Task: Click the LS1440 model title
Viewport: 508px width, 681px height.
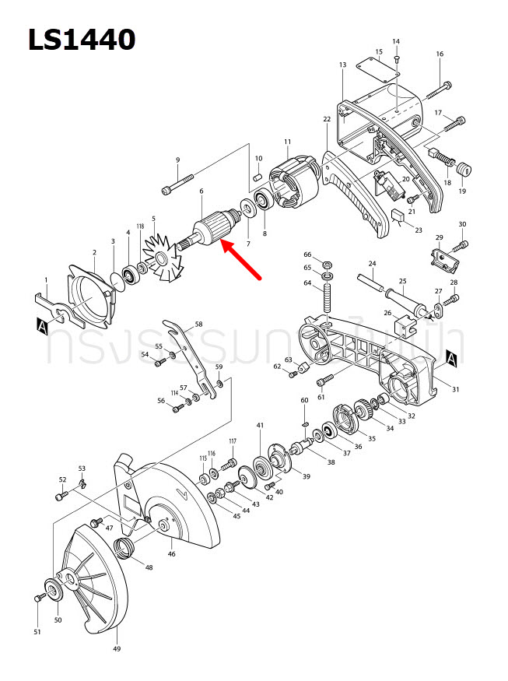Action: pyautogui.click(x=82, y=39)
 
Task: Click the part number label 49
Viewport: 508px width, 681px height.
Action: pyautogui.click(x=117, y=648)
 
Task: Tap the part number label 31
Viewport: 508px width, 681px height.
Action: pyautogui.click(x=456, y=389)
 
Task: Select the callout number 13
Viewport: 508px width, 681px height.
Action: pyautogui.click(x=342, y=65)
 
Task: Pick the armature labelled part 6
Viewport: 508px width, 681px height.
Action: pyautogui.click(x=210, y=231)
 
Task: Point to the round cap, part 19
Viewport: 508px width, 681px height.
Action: pyautogui.click(x=464, y=169)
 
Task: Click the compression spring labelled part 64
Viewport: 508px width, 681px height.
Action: pyautogui.click(x=328, y=299)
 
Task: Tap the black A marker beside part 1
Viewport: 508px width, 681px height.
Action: pyautogui.click(x=40, y=328)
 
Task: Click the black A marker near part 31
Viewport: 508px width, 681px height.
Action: pyautogui.click(x=450, y=358)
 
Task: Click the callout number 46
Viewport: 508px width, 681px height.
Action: pyautogui.click(x=171, y=554)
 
